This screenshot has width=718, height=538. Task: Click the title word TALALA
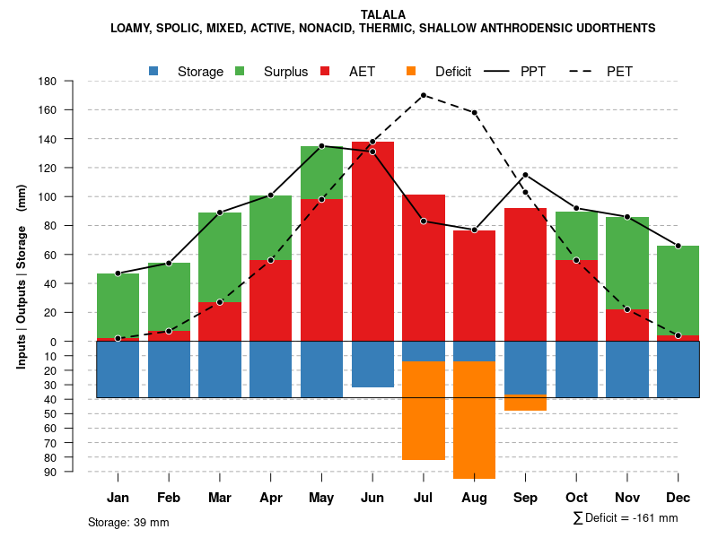(383, 14)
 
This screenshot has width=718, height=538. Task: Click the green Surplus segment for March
(220, 257)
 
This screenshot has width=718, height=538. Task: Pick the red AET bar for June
(372, 241)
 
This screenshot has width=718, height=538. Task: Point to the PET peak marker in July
(423, 95)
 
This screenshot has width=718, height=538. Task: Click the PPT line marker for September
(525, 175)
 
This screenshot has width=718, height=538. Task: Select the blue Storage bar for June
(372, 364)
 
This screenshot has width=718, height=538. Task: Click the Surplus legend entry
(285, 72)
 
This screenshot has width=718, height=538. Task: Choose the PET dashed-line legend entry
(619, 72)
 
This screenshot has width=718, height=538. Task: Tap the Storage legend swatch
(154, 72)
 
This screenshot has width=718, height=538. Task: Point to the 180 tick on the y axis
(48, 82)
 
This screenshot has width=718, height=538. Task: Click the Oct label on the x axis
(576, 498)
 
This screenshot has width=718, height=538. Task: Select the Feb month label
(169, 498)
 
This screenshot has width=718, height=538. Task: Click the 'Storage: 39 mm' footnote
(128, 522)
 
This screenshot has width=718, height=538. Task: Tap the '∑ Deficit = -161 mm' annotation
(625, 518)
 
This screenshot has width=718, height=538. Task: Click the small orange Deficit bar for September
(525, 403)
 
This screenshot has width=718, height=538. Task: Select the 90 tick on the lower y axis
(48, 472)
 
